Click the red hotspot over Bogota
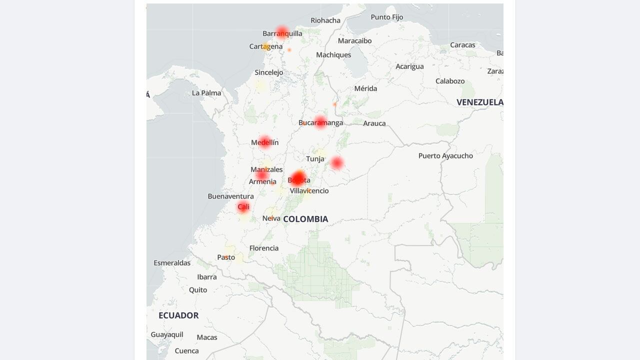click(x=297, y=178)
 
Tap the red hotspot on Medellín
click(x=265, y=142)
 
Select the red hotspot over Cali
click(x=243, y=206)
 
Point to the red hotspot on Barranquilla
click(x=282, y=33)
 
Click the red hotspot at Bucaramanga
click(x=320, y=121)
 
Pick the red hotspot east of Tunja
click(x=336, y=162)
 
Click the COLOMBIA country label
click(x=305, y=219)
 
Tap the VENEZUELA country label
click(x=479, y=102)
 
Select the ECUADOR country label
click(x=178, y=315)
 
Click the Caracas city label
click(x=462, y=45)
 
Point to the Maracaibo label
click(x=354, y=41)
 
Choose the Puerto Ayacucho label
click(x=445, y=156)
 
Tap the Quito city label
click(x=198, y=290)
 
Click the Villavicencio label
click(x=309, y=191)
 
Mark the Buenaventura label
click(x=230, y=196)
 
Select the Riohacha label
click(x=325, y=20)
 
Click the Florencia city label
click(x=264, y=248)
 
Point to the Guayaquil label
click(x=167, y=334)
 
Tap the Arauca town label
click(x=374, y=123)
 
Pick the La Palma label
click(x=206, y=93)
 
